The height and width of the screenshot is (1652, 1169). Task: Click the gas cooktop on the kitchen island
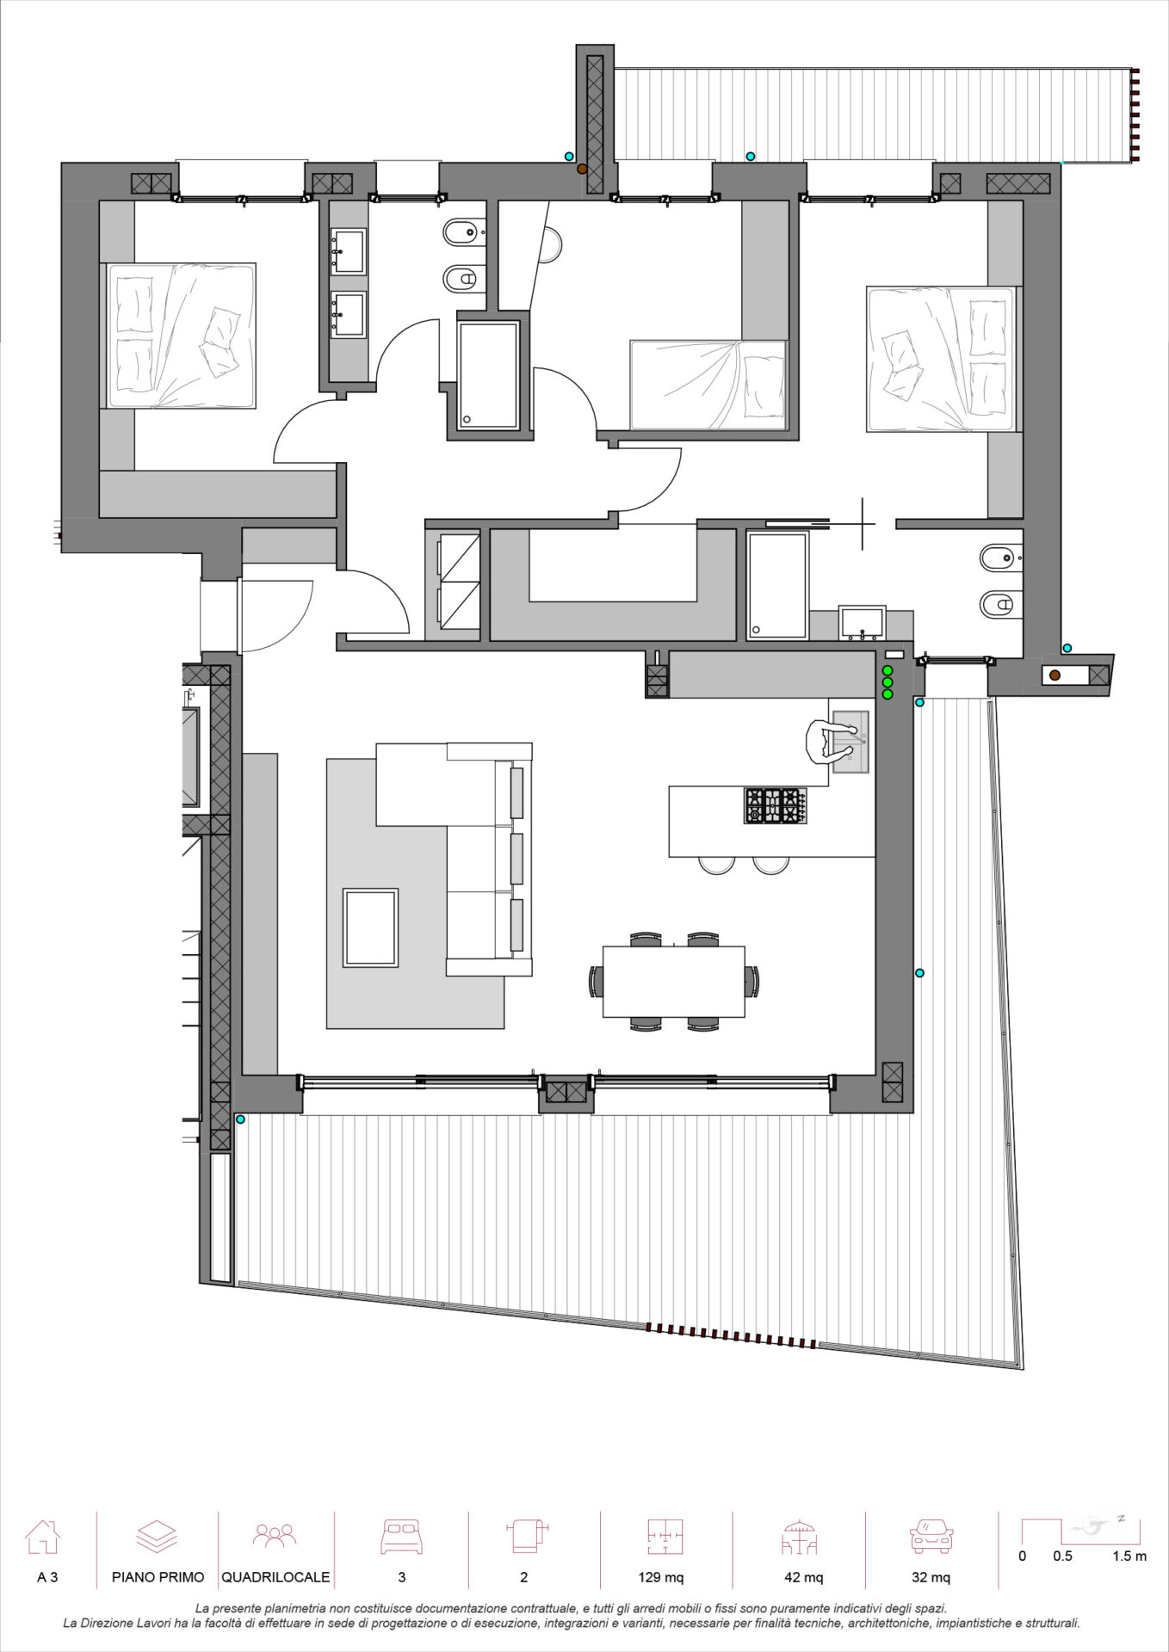coord(776,806)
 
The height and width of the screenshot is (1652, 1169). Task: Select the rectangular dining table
coord(673,981)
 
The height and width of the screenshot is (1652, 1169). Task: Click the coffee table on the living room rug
coord(370,928)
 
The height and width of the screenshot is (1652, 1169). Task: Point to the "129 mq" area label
coord(661,1577)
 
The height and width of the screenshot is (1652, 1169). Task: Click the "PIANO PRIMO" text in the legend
coord(158,1577)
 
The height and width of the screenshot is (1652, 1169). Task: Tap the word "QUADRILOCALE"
coord(275,1577)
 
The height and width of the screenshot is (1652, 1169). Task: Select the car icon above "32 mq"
coord(931,1537)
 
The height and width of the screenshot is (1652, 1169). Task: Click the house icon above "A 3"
coord(43,1537)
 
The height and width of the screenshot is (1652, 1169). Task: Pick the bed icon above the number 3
coord(401,1537)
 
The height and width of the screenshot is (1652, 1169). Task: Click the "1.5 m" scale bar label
coord(1129,1556)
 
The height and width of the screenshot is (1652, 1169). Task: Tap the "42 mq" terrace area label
coord(803,1577)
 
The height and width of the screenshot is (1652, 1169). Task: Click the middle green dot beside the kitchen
coord(888,682)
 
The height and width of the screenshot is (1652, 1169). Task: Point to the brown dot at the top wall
coord(582,170)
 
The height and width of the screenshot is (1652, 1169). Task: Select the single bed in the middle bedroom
coord(708,385)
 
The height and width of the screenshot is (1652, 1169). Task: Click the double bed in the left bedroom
coord(181,336)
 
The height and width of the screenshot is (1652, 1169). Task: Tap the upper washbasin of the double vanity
coord(349,250)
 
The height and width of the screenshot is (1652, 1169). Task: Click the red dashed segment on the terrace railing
coord(731,1337)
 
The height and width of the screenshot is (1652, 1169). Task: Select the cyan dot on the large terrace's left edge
coord(240,1119)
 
